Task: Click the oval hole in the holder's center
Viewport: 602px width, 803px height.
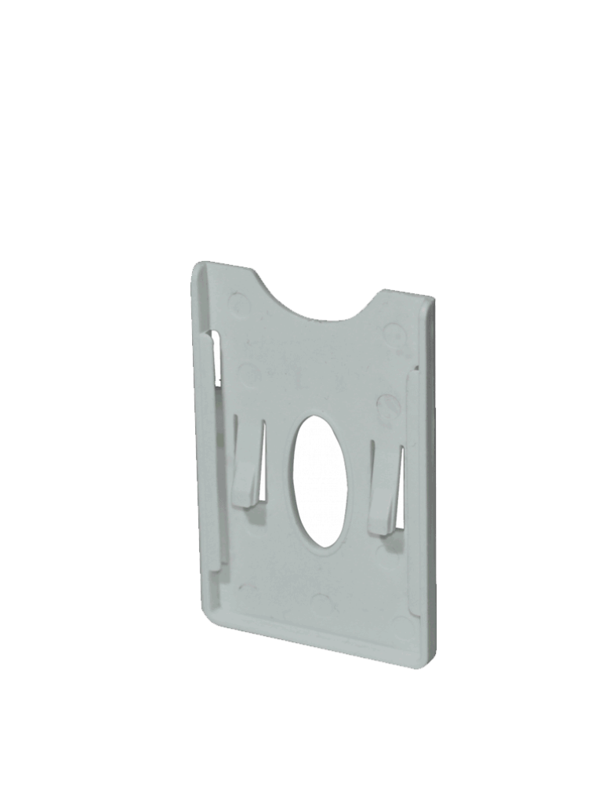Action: (319, 480)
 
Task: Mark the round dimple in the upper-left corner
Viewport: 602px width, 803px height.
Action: (239, 302)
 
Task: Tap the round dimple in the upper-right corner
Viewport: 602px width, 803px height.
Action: (394, 335)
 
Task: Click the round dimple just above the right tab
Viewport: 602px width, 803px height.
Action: (387, 406)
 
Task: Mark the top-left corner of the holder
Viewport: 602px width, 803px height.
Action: (198, 267)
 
